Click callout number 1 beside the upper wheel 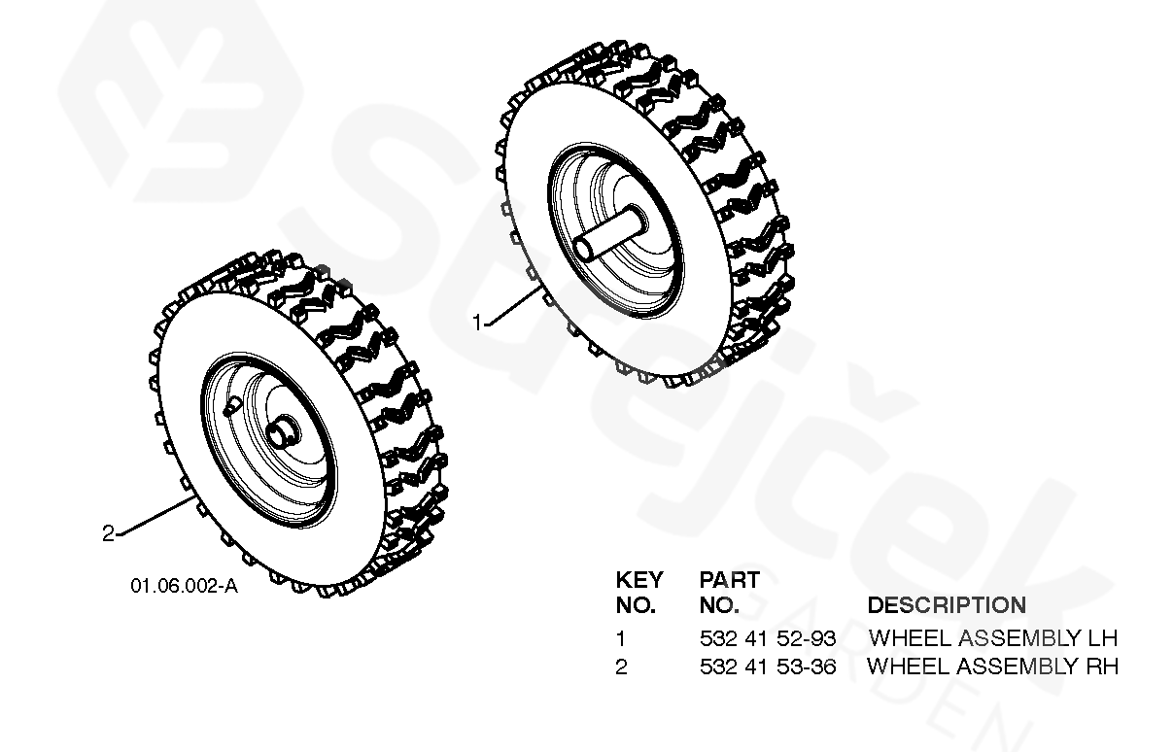[x=477, y=323]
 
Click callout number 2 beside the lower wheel [x=109, y=532]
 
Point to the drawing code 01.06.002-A [x=184, y=586]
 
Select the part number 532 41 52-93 [x=768, y=638]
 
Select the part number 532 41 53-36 [x=768, y=667]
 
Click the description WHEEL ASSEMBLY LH [x=992, y=638]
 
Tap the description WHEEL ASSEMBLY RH [x=992, y=667]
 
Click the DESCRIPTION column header [x=946, y=605]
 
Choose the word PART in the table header [x=729, y=580]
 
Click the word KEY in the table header [x=639, y=580]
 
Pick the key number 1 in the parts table [x=621, y=638]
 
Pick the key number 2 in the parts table [x=622, y=667]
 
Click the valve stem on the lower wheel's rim [x=230, y=406]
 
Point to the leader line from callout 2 [x=154, y=515]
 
